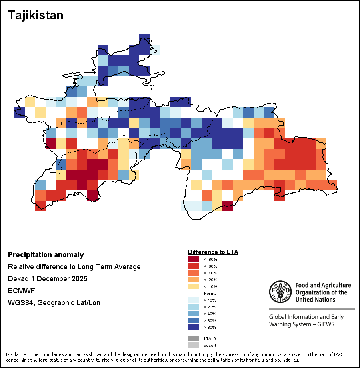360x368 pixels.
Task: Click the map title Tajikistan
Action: point(36,15)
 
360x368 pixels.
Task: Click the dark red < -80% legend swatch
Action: point(194,259)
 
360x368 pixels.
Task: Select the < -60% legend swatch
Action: point(194,266)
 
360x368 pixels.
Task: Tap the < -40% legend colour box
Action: point(194,273)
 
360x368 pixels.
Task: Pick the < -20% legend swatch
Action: point(194,280)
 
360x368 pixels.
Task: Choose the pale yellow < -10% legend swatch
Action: point(194,286)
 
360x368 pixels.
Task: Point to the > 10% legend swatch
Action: point(194,300)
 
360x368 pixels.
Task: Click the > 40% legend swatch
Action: point(194,314)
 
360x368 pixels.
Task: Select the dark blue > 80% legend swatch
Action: point(194,327)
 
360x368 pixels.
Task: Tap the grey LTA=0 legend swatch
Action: point(194,338)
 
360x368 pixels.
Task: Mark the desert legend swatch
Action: point(194,345)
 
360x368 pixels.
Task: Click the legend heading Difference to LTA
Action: point(213,252)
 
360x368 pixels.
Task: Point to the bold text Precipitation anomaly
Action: point(46,255)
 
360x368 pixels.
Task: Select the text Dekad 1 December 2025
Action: point(48,279)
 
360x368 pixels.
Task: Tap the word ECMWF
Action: point(19,291)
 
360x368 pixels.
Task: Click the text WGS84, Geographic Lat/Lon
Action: point(54,303)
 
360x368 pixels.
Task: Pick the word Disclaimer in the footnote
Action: point(17,355)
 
